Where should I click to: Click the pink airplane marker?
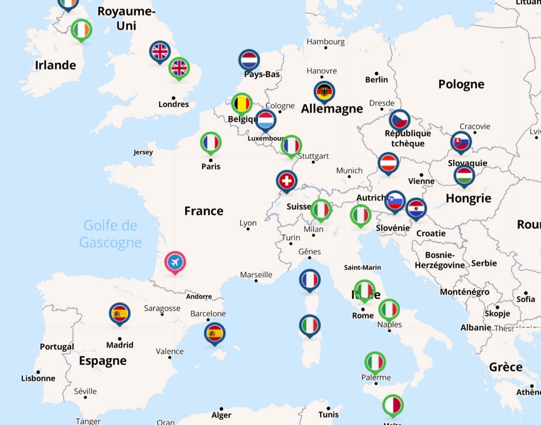point(175,262)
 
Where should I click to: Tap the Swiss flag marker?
point(286,180)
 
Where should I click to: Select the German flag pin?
point(324,92)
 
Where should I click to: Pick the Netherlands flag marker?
point(249,60)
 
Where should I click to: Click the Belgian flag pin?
point(242,104)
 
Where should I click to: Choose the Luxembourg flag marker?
point(265,120)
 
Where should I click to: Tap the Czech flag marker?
point(399,120)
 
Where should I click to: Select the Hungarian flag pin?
point(464,176)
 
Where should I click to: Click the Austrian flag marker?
point(388,163)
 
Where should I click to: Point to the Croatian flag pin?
point(416,209)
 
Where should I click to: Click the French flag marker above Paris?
point(211,143)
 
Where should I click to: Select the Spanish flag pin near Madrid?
point(119,313)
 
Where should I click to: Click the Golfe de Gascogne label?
point(111,234)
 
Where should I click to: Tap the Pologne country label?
point(461,84)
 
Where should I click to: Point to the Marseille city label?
point(256,275)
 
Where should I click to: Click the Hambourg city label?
point(325,41)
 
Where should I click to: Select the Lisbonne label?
point(38,378)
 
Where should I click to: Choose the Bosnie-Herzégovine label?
point(440,260)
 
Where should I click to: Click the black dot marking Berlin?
point(376,73)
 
